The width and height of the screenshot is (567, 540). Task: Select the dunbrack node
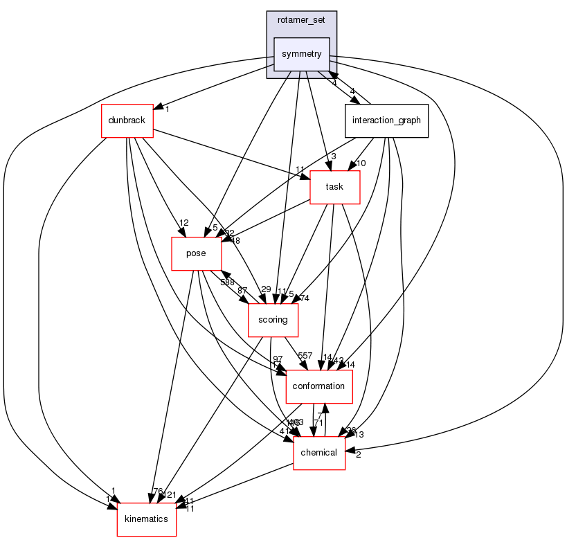(127, 120)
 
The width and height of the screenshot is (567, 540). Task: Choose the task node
(334, 187)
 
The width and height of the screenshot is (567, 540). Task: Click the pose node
(197, 253)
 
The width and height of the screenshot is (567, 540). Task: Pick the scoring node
(273, 321)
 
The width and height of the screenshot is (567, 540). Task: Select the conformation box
(318, 386)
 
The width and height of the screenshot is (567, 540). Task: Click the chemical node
(318, 453)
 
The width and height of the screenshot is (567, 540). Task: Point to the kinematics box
(146, 519)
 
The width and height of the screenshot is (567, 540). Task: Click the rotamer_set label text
(301, 20)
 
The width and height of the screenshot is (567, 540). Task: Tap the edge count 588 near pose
(228, 282)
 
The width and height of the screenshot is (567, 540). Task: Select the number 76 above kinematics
(156, 492)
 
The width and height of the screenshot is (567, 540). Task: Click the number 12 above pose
(183, 222)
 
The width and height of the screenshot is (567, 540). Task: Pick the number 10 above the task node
(361, 163)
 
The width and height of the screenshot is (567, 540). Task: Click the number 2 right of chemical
(358, 455)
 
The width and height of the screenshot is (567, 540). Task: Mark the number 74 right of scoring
(305, 298)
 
